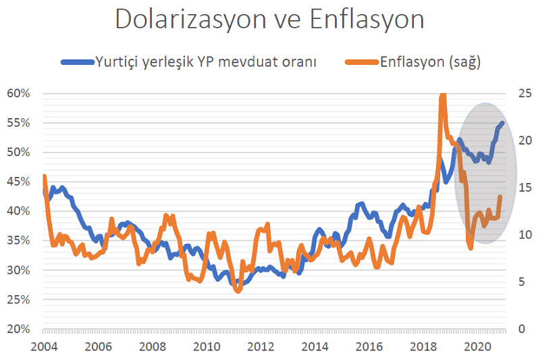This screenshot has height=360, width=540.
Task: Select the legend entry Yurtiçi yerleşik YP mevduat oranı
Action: pos(207,62)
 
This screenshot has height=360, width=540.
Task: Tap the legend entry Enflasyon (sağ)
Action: pos(430,62)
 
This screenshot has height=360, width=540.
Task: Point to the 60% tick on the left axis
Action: pos(19,93)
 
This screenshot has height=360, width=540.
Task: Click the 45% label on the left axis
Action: pos(19,182)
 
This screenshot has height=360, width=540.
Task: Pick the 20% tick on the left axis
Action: pos(19,329)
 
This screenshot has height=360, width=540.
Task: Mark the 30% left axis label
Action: pos(19,270)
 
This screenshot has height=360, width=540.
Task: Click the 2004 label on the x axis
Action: pos(44,346)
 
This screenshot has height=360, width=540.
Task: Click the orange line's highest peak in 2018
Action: pos(443,95)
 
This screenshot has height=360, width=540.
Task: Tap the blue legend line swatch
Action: pos(76,62)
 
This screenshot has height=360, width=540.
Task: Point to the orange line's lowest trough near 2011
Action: pos(237,291)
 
